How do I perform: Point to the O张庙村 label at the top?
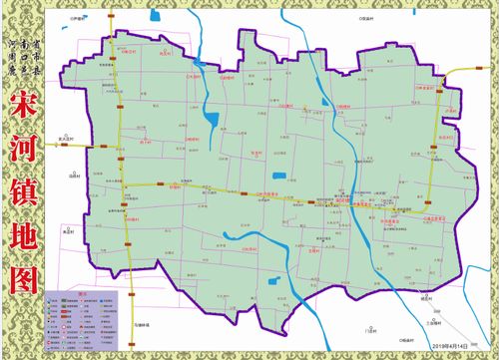[x=347, y=18]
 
